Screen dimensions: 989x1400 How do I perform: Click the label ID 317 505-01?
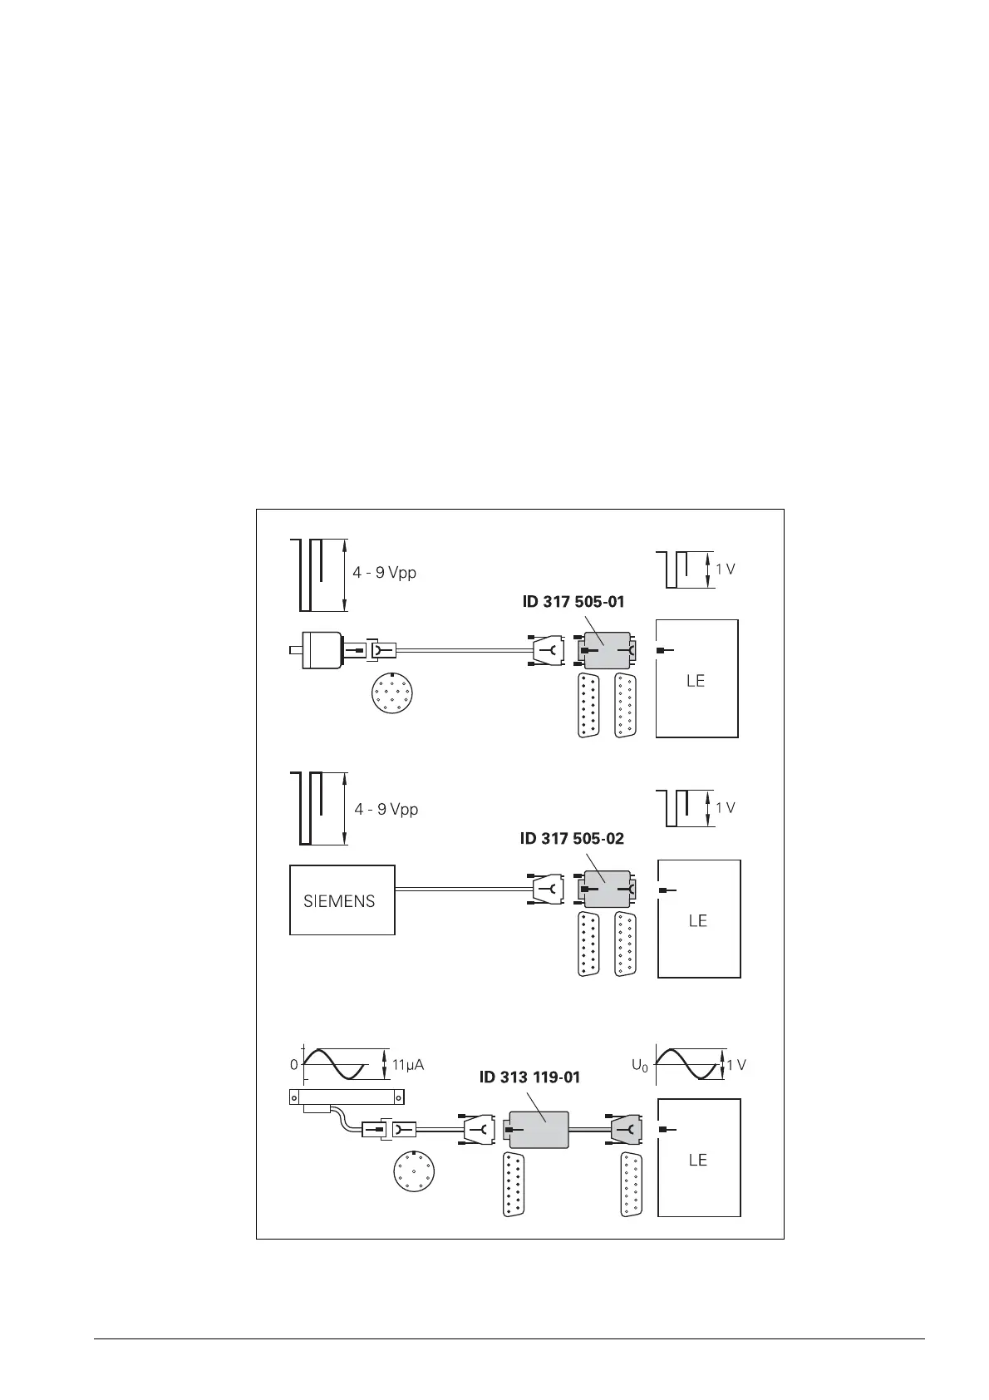573,602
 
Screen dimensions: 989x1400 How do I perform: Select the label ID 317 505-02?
572,839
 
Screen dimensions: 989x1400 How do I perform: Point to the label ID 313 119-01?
529,1077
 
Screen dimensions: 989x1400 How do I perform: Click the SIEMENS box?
342,900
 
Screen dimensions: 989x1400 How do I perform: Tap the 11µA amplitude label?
408,1064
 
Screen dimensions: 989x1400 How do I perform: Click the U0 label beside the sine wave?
639,1065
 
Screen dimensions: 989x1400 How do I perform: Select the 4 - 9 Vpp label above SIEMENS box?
386,809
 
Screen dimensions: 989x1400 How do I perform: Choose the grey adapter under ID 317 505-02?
605,889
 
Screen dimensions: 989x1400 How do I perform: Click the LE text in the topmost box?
696,681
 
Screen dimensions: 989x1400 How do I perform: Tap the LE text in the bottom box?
697,1160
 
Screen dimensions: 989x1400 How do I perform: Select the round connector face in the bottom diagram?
415,1171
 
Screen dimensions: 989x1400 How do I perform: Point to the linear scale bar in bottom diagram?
347,1097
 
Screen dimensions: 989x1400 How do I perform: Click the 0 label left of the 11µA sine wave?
293,1065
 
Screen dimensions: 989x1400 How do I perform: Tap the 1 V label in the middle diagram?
726,808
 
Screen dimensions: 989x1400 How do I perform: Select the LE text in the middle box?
697,920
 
